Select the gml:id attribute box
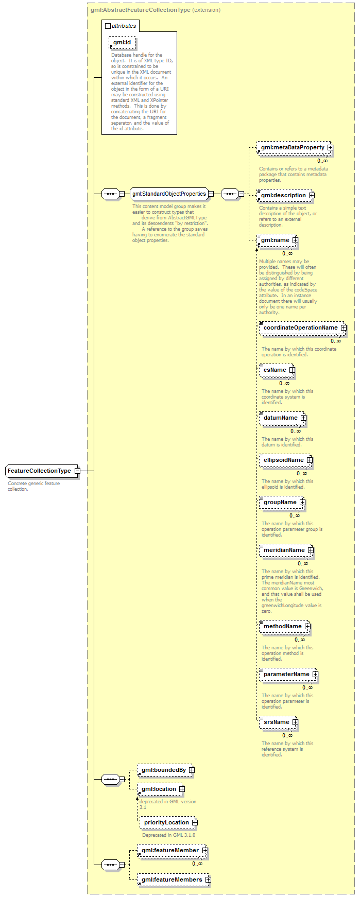tap(122, 42)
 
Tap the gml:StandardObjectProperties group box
tap(169, 194)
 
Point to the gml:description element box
tap(285, 195)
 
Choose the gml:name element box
tap(277, 240)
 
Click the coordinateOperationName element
tap(303, 327)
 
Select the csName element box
tap(277, 370)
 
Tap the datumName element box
tap(283, 418)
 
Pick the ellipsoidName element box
tap(286, 460)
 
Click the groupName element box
tap(282, 502)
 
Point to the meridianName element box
tap(286, 550)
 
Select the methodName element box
tap(285, 626)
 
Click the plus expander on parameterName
tap(315, 674)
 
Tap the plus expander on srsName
tap(295, 722)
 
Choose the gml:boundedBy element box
tap(166, 770)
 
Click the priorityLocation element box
tap(168, 822)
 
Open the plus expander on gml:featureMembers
tap(208, 879)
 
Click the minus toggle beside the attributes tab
tap(108, 26)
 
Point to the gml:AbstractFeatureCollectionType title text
tap(140, 10)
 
